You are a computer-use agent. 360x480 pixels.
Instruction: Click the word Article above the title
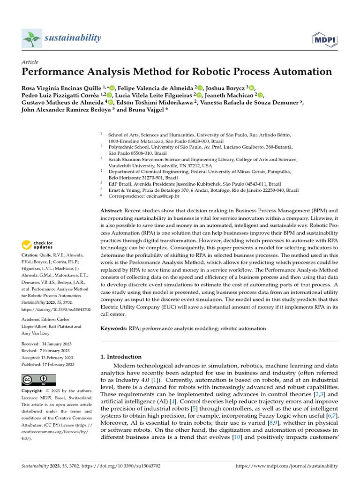[30, 62]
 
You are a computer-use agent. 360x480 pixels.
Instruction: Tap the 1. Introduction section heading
[121, 357]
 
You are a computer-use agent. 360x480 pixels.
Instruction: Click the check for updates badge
[37, 245]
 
